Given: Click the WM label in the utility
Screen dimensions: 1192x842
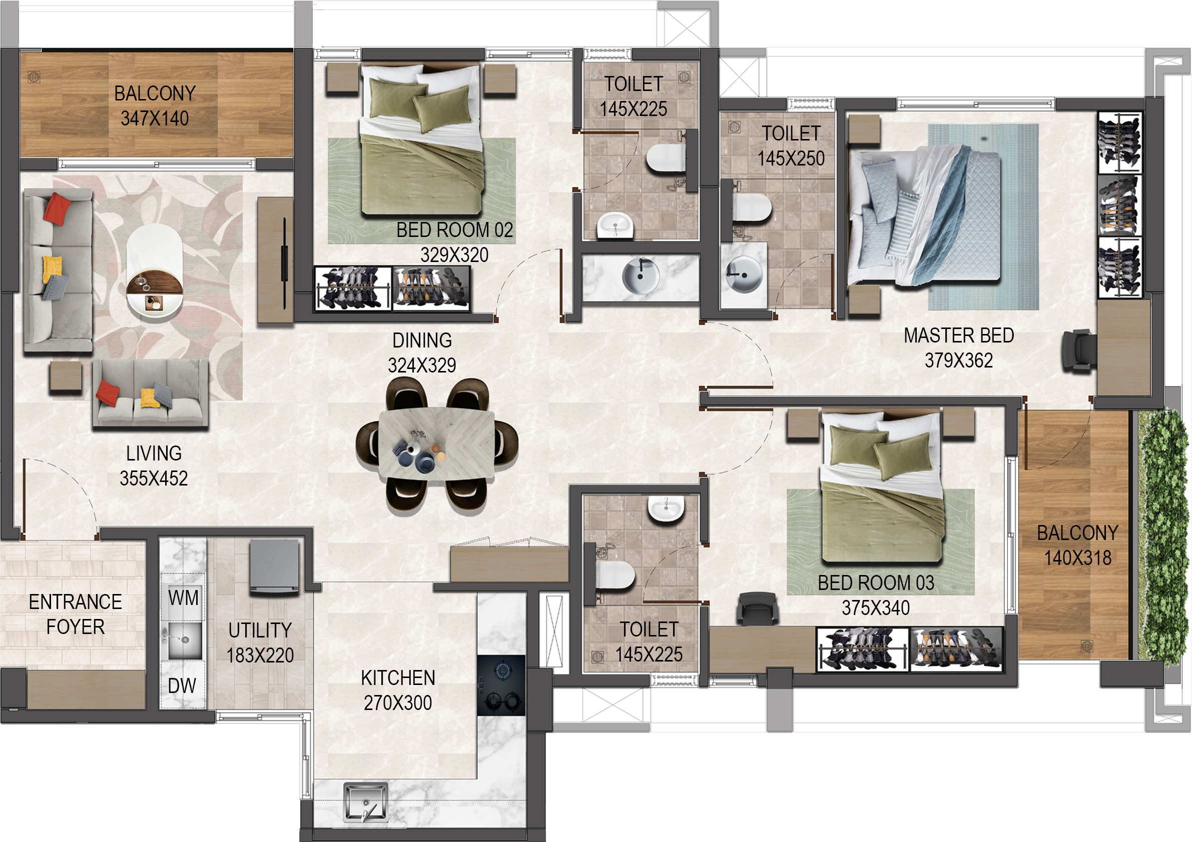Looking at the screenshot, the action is coord(183,597).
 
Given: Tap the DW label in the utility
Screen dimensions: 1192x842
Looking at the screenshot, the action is coord(182,686).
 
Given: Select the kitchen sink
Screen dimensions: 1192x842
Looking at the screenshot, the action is coord(366,802).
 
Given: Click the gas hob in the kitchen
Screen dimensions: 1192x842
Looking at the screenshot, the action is coord(501,685).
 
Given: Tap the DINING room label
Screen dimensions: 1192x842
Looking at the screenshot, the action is coord(422,341).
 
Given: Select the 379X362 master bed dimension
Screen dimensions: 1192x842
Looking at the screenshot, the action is coord(959,360).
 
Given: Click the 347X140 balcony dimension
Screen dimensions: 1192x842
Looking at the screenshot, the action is coord(155,118).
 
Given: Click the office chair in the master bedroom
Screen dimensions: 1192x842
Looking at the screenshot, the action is coord(1079,350).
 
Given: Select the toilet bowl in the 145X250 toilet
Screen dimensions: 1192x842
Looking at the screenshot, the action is coord(752,207).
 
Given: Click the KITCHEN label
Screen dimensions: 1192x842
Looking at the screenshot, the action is coord(398,678).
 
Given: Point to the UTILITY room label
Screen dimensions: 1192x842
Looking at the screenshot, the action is coord(260,630).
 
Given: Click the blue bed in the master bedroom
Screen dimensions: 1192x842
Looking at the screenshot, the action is coord(924,216).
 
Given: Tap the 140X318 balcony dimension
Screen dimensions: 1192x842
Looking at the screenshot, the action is coord(1078,557).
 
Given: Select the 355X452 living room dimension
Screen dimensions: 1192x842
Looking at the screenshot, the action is coord(154,478).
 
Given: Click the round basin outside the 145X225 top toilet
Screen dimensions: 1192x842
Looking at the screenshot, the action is coord(640,275).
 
